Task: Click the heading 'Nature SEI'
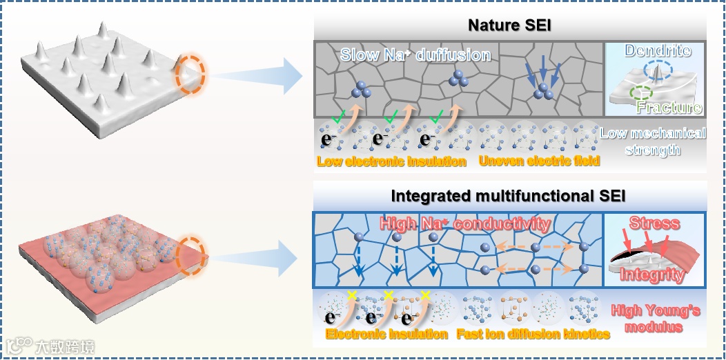(508, 26)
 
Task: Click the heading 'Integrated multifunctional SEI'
(508, 196)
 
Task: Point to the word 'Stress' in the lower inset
(654, 223)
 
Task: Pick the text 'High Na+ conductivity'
(464, 224)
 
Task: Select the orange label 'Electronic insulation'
(387, 334)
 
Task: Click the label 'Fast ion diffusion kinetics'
(533, 334)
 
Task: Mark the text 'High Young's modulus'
(656, 318)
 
